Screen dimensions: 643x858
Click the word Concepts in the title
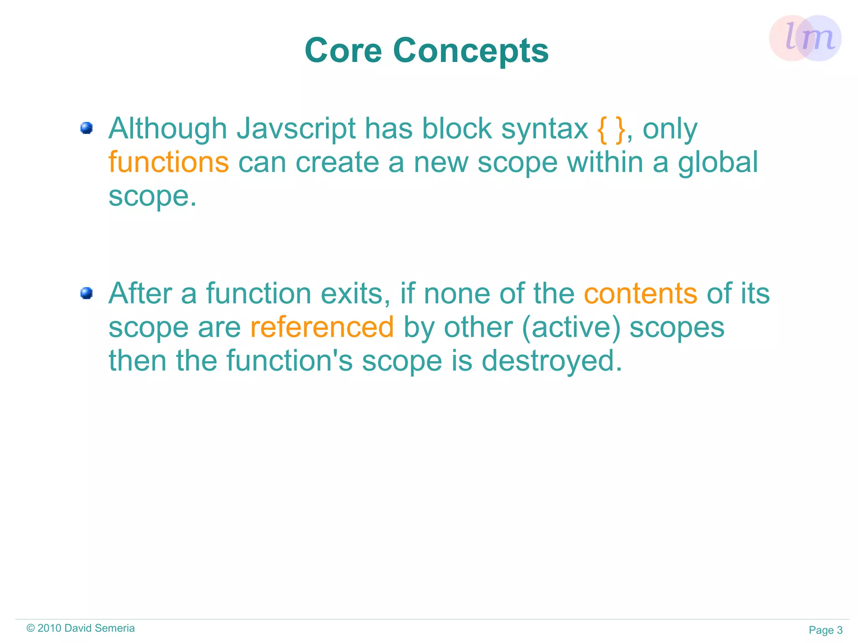(470, 52)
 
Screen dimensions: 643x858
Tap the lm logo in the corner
(805, 38)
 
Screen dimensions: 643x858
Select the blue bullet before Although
(86, 128)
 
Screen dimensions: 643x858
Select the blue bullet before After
(86, 293)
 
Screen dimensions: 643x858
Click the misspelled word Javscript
(296, 129)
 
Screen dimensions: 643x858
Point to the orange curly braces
(611, 129)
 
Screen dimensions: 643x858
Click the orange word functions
(168, 163)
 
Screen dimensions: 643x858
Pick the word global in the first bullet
(718, 163)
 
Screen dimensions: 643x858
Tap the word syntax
(545, 129)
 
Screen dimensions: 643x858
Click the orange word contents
(640, 294)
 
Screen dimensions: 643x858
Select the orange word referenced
(322, 327)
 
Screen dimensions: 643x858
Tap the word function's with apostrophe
(289, 361)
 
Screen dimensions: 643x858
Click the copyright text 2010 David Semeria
(80, 628)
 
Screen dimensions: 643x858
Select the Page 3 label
(825, 630)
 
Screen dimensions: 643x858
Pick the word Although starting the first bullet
(168, 129)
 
